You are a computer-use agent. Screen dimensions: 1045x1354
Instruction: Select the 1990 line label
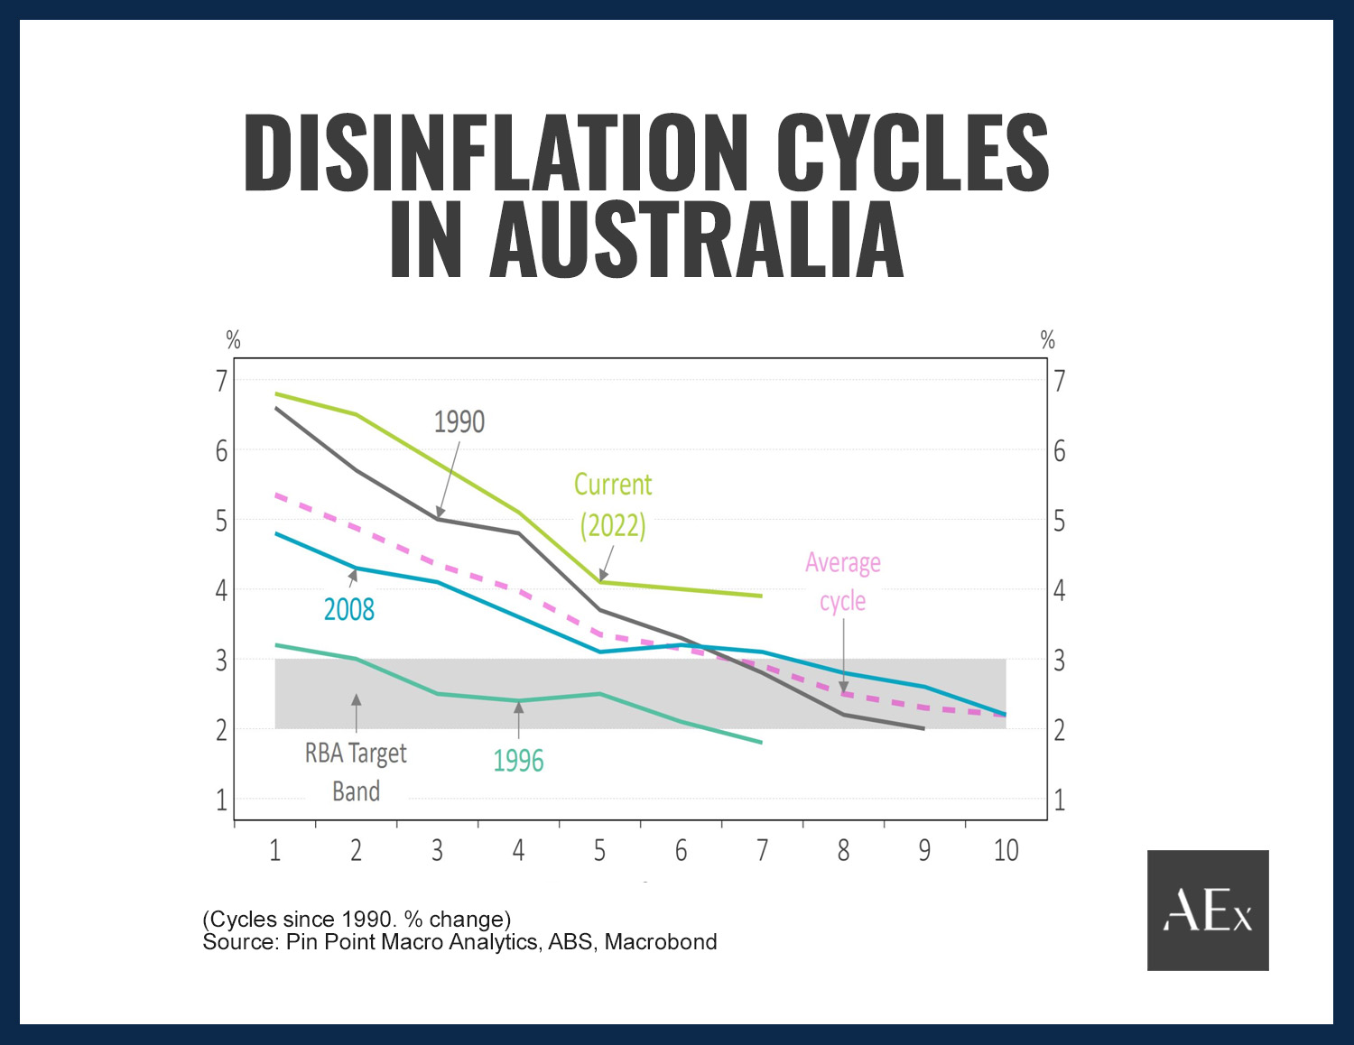coord(459,421)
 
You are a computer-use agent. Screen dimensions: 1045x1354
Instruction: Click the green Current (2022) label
coord(613,504)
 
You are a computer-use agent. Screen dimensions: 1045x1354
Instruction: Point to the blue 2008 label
coord(348,610)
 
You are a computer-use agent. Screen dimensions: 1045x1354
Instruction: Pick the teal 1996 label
coord(518,761)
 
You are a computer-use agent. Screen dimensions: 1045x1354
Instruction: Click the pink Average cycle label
coord(843,581)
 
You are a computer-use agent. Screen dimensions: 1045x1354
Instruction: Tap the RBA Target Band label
coord(356,772)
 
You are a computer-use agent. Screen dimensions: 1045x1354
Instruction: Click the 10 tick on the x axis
coord(1006,850)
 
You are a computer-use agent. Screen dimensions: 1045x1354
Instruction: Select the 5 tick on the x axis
coord(599,850)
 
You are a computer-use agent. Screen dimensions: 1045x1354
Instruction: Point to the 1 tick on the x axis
coord(275,850)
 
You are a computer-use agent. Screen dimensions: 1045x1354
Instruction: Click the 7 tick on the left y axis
coord(221,381)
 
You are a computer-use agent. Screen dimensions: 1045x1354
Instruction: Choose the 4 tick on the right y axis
coord(1060,590)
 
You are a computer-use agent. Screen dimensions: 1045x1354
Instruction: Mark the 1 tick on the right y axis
coord(1060,800)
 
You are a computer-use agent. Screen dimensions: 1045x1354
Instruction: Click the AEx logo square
coord(1208,910)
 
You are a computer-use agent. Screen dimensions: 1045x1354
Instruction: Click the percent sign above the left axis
coord(233,340)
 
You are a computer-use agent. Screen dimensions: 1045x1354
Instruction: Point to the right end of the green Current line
coord(762,596)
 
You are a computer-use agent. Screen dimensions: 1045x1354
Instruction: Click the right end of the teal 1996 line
coord(762,743)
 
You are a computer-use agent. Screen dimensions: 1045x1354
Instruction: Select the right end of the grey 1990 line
coord(923,728)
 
